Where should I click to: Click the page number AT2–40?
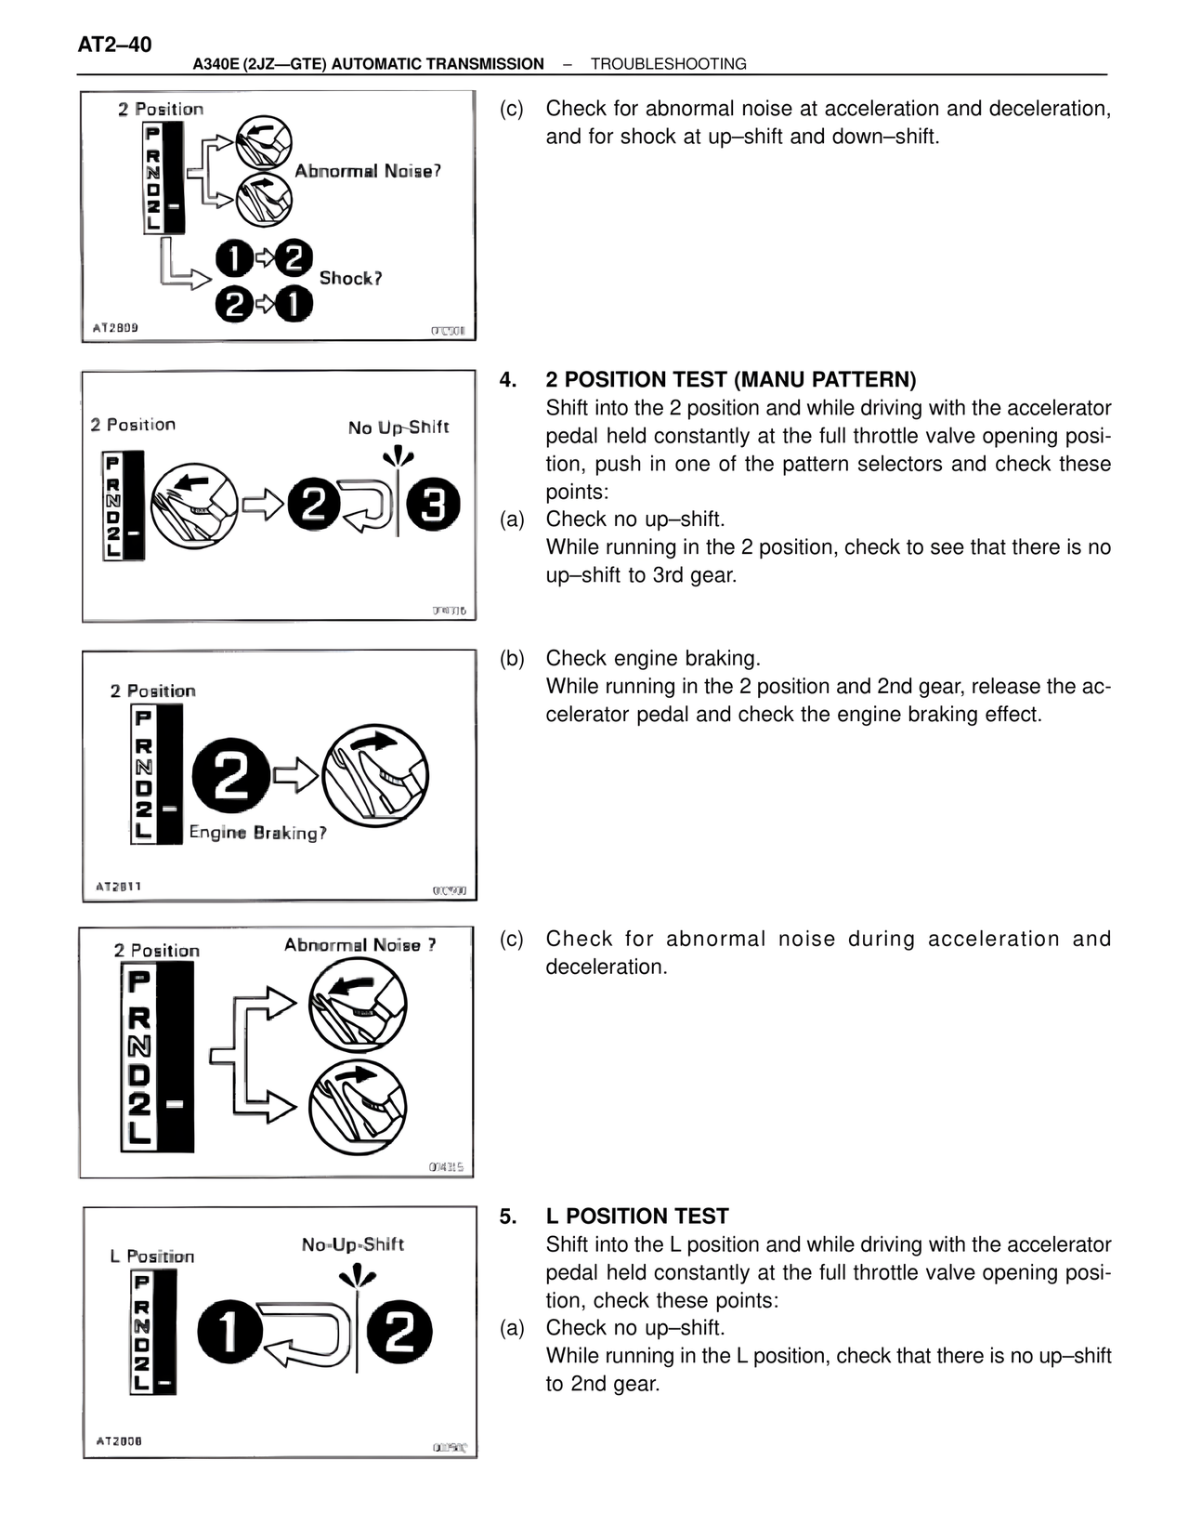click(115, 45)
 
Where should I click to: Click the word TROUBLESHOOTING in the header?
click(668, 64)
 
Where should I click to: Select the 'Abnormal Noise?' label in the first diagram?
click(367, 171)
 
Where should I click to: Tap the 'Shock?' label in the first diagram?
click(350, 278)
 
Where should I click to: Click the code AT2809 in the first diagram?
click(116, 328)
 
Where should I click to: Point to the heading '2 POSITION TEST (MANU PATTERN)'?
click(730, 379)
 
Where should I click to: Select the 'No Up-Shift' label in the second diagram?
click(398, 427)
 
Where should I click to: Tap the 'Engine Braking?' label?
click(257, 833)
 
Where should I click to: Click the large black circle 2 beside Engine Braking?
click(230, 777)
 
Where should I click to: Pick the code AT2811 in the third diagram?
click(119, 886)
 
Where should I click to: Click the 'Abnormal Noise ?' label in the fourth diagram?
click(359, 945)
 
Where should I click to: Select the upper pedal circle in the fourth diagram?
click(358, 1005)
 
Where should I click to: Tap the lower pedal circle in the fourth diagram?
click(358, 1107)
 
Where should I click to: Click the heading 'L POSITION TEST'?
click(636, 1216)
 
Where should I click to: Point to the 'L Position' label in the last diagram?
click(152, 1256)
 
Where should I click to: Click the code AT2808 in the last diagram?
click(119, 1441)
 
